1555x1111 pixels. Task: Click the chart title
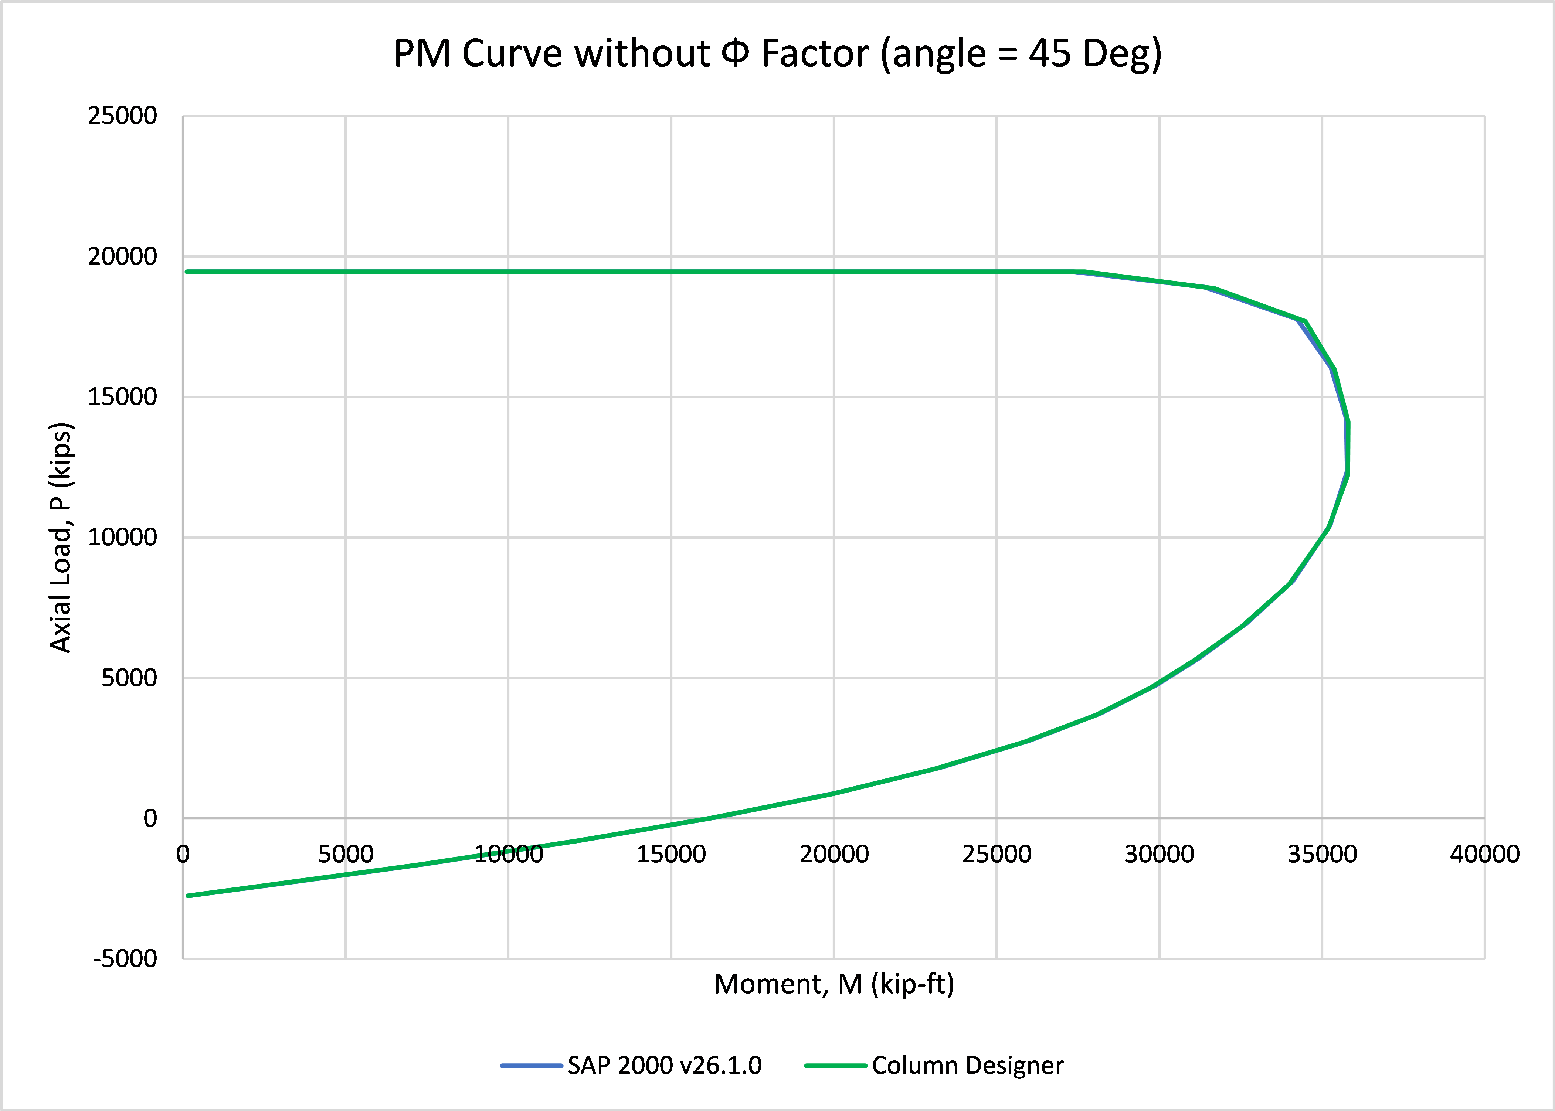tap(778, 53)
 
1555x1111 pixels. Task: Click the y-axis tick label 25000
tap(122, 116)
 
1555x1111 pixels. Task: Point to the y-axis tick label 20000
tap(122, 256)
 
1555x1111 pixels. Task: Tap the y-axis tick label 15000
tap(122, 397)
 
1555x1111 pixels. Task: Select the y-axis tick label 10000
tap(122, 537)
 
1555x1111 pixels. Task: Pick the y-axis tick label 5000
tap(129, 678)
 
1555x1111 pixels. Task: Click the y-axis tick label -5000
tap(125, 958)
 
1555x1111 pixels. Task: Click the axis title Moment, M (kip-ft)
tap(833, 984)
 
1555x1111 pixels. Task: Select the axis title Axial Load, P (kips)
tap(61, 538)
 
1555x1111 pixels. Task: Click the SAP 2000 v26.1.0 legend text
tap(665, 1065)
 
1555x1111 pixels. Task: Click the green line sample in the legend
tap(836, 1065)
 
